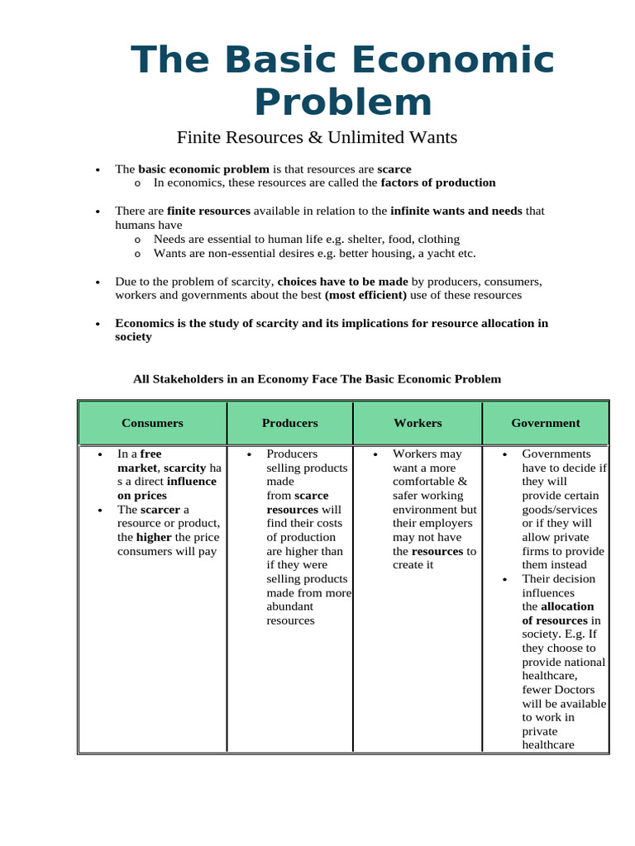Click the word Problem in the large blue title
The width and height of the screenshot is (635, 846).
pyautogui.click(x=342, y=102)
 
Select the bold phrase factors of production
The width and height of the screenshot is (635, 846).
pyautogui.click(x=437, y=183)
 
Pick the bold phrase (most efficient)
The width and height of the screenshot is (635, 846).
pyautogui.click(x=365, y=295)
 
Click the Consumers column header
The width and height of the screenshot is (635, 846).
pyautogui.click(x=152, y=423)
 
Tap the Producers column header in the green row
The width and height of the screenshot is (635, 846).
pyautogui.click(x=289, y=423)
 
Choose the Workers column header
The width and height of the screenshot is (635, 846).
pyautogui.click(x=418, y=423)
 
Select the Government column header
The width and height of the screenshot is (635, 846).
pyautogui.click(x=546, y=423)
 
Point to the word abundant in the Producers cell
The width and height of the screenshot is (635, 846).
pyautogui.click(x=289, y=606)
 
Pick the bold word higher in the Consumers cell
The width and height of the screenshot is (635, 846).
pyautogui.click(x=136, y=537)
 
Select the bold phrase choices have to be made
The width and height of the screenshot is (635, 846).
pyautogui.click(x=342, y=281)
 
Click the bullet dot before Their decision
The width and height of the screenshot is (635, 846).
pyautogui.click(x=505, y=579)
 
